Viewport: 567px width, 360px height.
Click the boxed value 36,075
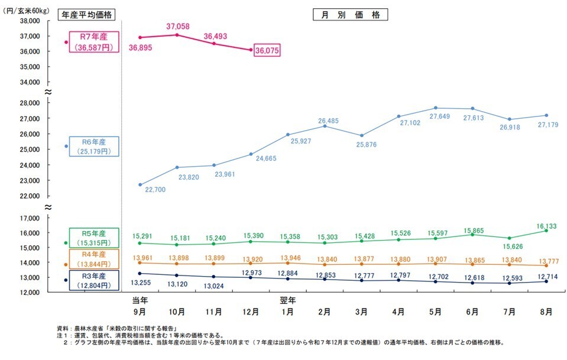point(267,51)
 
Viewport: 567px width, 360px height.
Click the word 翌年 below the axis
point(287,300)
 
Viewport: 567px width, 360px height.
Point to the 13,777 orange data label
point(546,261)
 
